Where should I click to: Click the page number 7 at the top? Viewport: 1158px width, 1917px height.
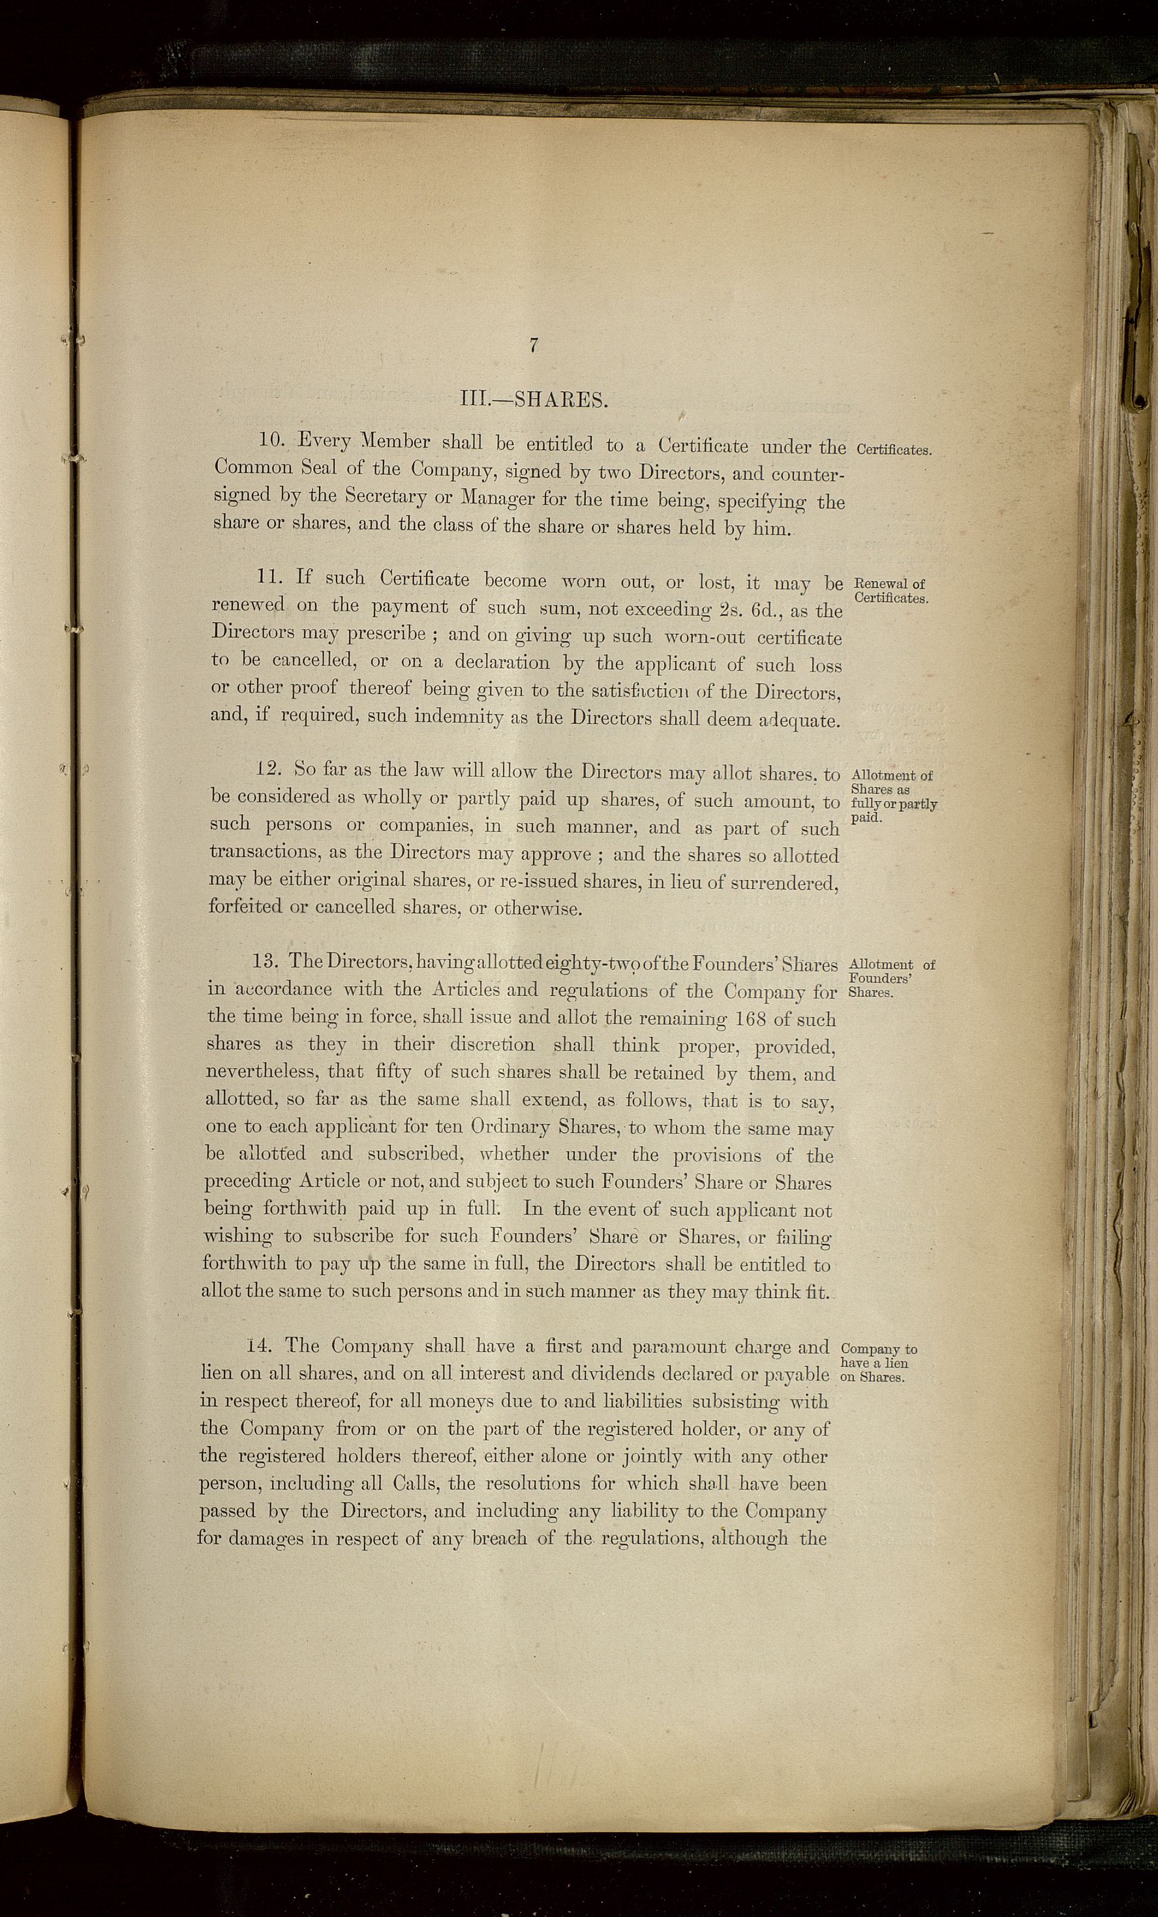[x=534, y=346]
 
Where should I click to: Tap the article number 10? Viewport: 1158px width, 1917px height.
[x=273, y=440]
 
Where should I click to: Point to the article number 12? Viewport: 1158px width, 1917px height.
[x=269, y=768]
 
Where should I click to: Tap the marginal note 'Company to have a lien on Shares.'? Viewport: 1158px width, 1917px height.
[x=879, y=1363]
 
